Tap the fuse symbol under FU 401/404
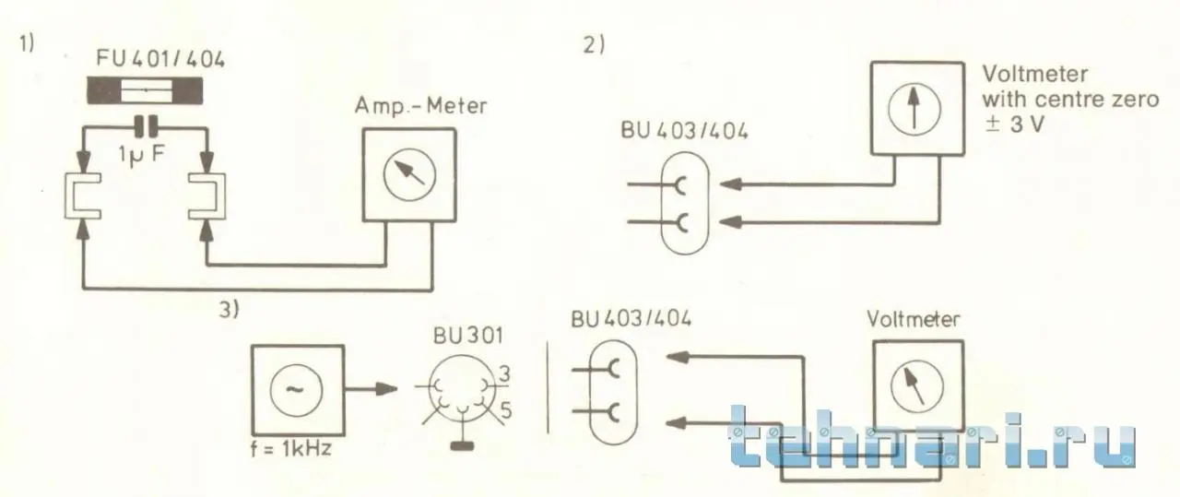point(146,91)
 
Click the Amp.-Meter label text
point(420,106)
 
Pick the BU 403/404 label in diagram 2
point(684,130)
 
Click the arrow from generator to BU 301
point(373,388)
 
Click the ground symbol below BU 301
point(462,448)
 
